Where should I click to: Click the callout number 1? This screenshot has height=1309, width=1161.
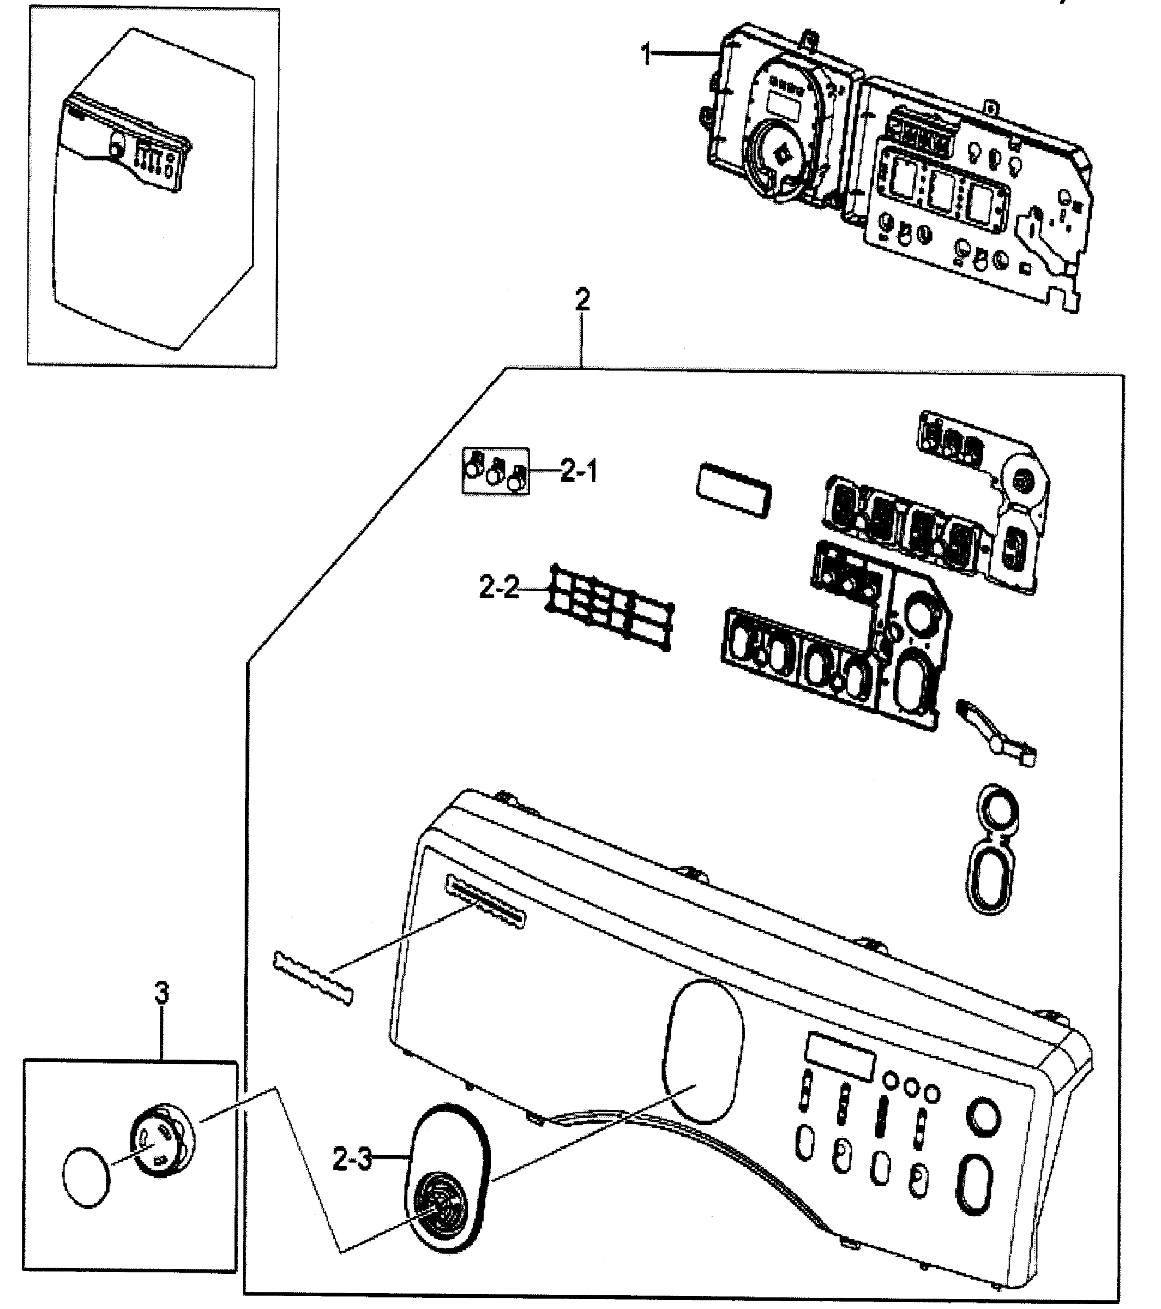[x=647, y=55]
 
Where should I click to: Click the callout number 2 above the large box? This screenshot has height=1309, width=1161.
[x=582, y=300]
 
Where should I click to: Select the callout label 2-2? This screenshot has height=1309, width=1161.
[x=499, y=587]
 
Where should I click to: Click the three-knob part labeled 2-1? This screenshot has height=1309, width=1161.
[x=495, y=471]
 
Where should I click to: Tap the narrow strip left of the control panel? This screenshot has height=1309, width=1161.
[x=313, y=978]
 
